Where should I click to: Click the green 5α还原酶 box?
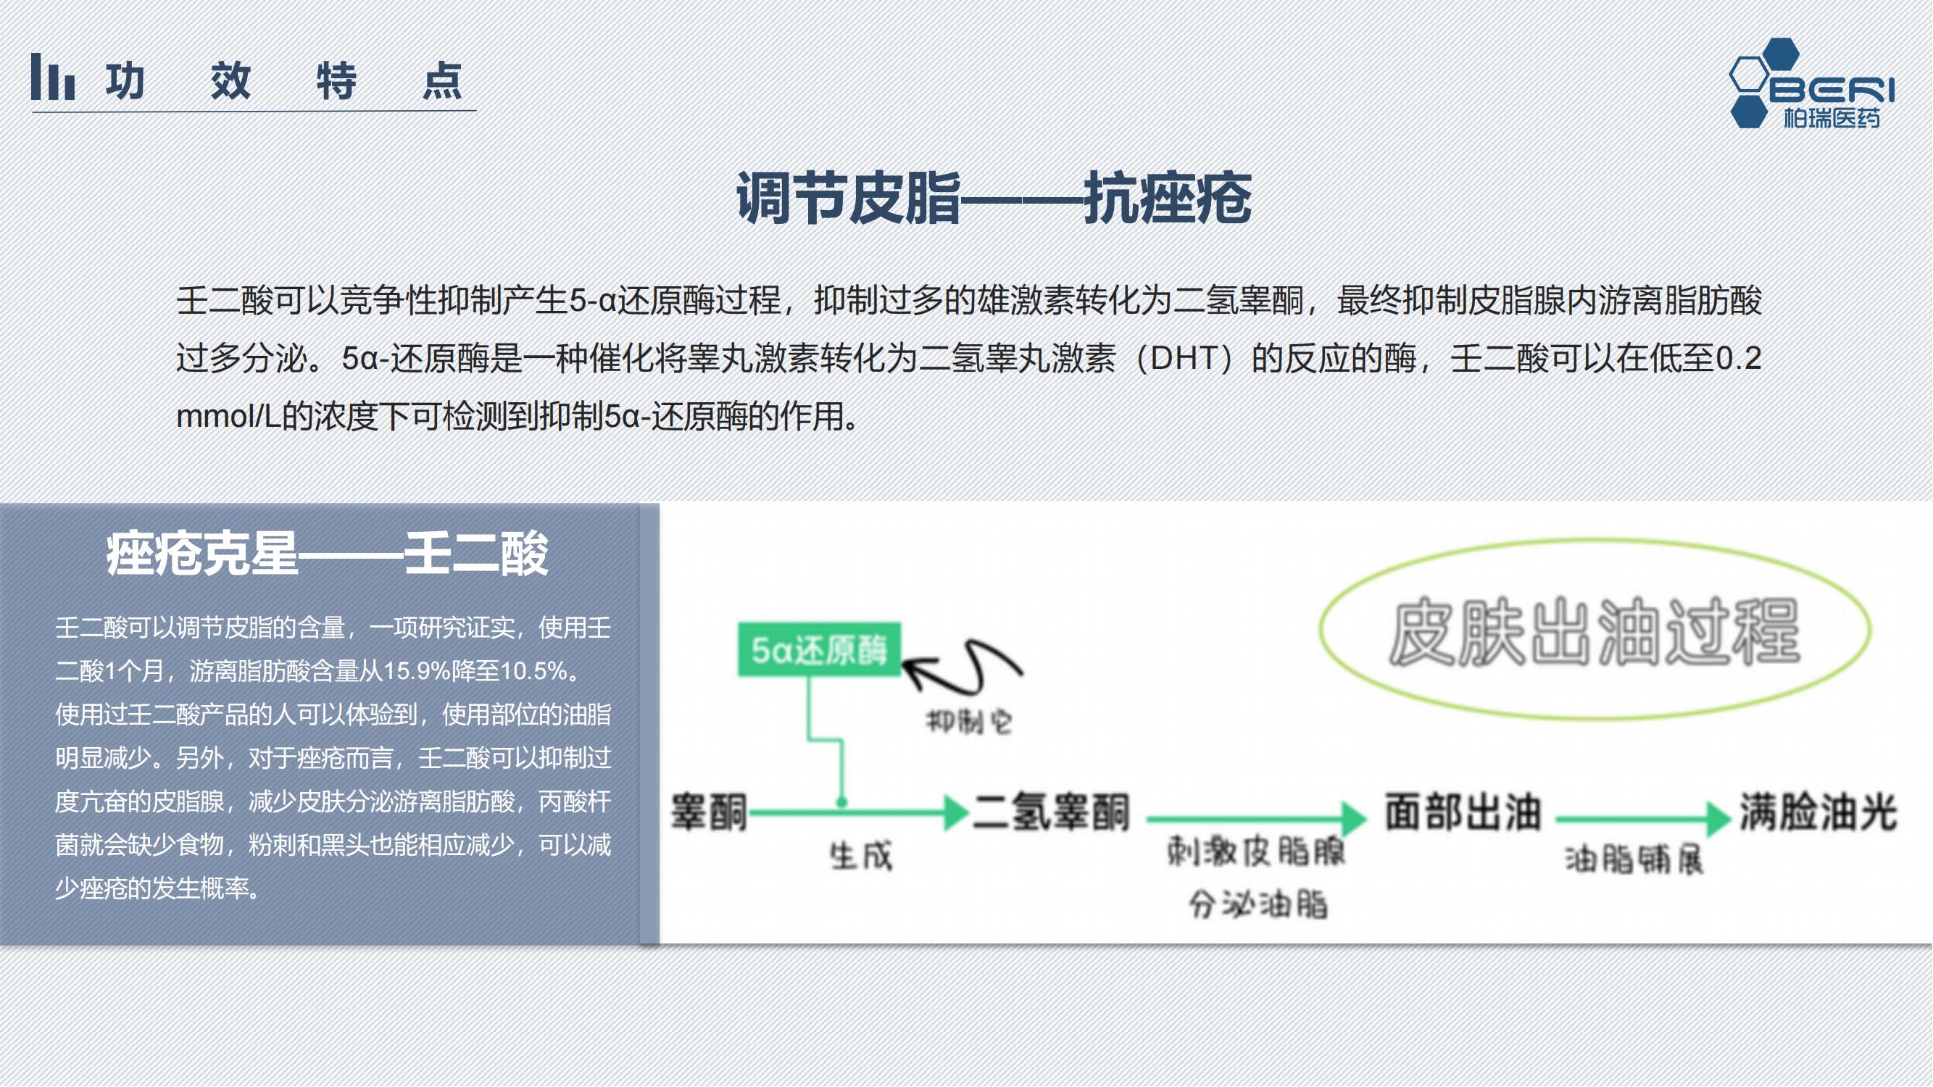pos(819,649)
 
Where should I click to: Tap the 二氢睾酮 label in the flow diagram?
pos(1050,812)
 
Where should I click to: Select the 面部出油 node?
pos(1463,812)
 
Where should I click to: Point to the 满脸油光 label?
pos(1818,812)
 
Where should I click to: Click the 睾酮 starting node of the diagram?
pos(709,812)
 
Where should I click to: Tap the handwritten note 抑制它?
pos(969,722)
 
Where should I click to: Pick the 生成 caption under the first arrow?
pos(862,856)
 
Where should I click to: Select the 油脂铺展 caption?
pos(1634,859)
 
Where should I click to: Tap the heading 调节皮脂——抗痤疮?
pos(994,197)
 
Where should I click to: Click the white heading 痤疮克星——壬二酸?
pos(327,554)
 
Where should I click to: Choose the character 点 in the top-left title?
pos(441,80)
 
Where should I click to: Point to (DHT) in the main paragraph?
pos(1184,358)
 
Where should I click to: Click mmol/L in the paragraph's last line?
pos(228,415)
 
